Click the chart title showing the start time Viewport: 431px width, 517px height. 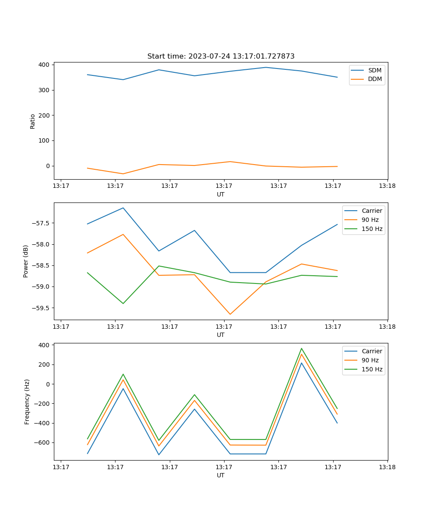point(221,56)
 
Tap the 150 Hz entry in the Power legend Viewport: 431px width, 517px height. point(372,229)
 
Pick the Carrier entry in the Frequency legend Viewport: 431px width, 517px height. point(372,351)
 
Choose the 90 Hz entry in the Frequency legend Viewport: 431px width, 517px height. point(370,360)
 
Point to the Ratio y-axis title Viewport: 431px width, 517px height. point(33,121)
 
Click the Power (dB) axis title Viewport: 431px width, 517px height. point(26,261)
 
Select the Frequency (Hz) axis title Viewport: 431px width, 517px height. point(27,402)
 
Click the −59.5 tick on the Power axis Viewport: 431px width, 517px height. point(41,308)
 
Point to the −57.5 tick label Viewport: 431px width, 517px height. point(41,223)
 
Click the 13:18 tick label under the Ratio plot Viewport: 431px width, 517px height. point(387,186)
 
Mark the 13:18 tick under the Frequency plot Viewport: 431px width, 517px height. point(387,467)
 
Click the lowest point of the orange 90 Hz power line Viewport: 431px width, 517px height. point(230,314)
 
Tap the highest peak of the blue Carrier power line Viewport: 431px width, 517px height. point(123,208)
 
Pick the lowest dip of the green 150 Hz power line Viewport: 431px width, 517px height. point(123,303)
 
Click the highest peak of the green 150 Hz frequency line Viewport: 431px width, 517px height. point(301,348)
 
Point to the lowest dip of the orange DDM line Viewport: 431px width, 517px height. point(123,174)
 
